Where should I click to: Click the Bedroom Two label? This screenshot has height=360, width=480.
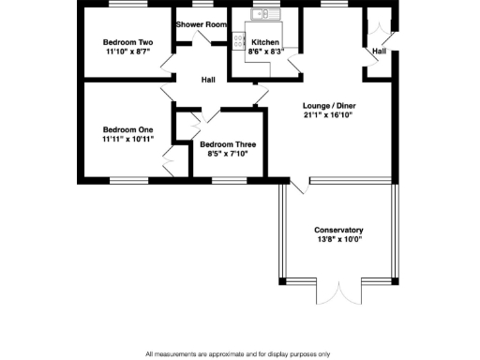coord(127,42)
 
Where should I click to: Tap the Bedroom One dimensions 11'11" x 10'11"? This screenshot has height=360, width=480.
coord(127,139)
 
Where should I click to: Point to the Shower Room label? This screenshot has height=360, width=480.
coord(200,23)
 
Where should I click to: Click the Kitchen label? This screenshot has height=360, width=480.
coord(264,42)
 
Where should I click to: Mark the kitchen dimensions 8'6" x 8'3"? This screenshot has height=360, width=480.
coord(264,52)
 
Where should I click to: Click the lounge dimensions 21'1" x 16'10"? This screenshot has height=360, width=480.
coord(329,116)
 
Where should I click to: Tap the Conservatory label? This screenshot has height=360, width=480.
coord(338,230)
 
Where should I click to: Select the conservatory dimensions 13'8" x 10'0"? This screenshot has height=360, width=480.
coord(338,239)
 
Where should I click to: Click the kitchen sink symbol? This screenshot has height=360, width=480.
coord(260,14)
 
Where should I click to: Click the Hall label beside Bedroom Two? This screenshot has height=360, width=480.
coord(208,79)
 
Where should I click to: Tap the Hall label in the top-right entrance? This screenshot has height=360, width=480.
coord(379,51)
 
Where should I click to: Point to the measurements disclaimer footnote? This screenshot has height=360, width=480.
coord(237,353)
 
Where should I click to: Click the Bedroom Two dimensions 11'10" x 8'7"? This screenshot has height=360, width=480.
coord(127,52)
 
